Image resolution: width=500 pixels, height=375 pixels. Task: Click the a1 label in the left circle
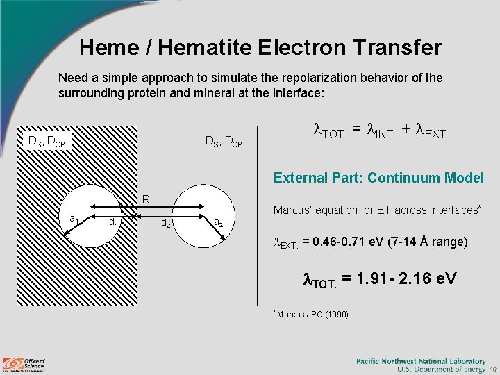[x=74, y=219]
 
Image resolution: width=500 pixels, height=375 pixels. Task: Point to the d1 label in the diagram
[x=112, y=222]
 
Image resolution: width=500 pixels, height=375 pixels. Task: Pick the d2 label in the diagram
[x=165, y=223]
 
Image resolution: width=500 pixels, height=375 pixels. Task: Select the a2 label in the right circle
[x=218, y=223]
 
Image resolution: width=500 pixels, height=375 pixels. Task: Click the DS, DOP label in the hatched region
[x=47, y=142]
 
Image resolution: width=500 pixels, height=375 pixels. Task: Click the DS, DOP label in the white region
[x=224, y=142]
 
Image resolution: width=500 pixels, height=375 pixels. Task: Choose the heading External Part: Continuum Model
[x=378, y=178]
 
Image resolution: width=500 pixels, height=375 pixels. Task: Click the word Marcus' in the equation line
[x=292, y=210]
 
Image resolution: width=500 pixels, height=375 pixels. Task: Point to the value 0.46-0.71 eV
[x=344, y=242]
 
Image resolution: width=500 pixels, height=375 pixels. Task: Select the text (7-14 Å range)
[x=428, y=242]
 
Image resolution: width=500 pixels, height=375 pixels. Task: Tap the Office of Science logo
[x=24, y=363]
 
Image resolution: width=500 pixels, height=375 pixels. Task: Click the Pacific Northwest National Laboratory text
[x=421, y=361]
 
